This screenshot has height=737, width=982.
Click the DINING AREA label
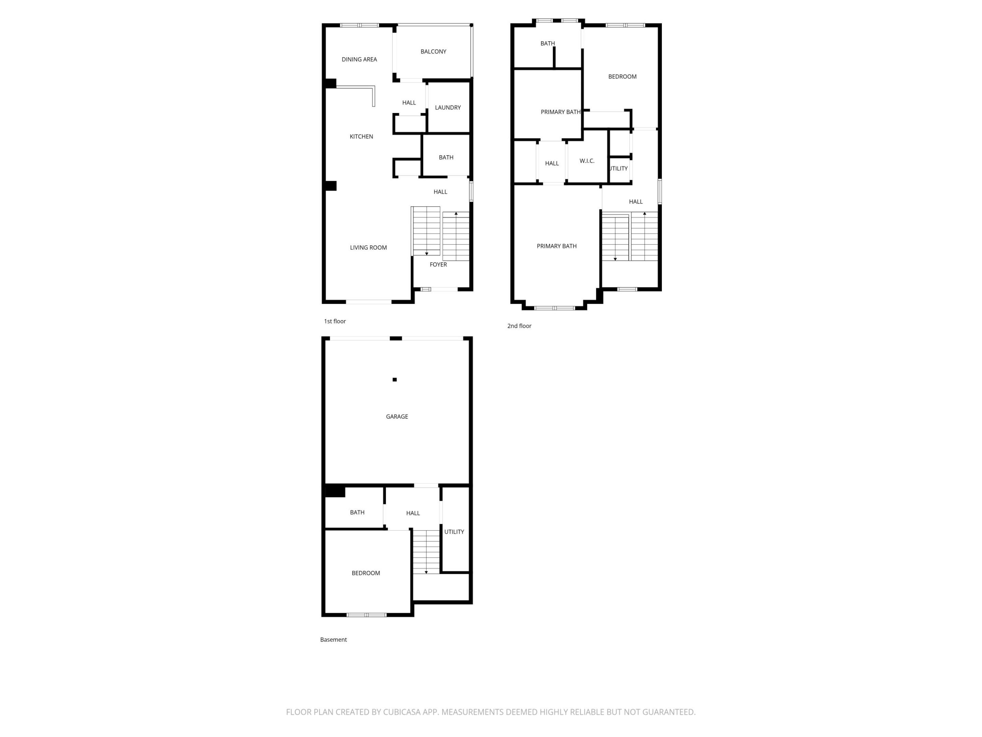point(359,59)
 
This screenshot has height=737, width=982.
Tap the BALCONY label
point(433,52)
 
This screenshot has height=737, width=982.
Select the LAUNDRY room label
point(447,107)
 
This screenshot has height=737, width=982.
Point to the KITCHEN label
point(361,137)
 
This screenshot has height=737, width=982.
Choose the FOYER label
point(438,265)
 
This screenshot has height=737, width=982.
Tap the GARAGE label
point(397,417)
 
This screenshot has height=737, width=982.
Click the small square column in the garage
point(395,380)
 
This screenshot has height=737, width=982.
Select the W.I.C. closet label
point(586,161)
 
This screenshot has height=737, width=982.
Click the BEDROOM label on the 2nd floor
point(622,77)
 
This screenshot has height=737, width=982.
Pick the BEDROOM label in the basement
point(366,574)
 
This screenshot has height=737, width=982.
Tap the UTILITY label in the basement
point(454,532)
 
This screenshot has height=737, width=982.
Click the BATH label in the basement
point(357,512)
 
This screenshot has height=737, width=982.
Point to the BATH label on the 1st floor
point(446,158)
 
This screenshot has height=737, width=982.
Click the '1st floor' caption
point(335,321)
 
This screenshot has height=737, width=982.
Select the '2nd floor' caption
point(519,326)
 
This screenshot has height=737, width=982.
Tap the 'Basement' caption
point(333,640)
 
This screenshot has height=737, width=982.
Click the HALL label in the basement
point(413,513)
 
